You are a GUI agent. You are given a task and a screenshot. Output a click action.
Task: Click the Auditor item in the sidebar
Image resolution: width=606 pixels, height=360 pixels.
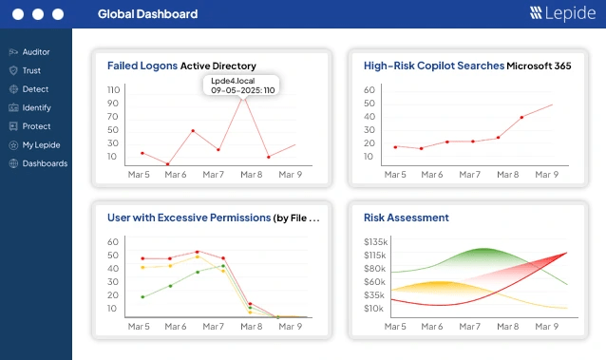point(29,52)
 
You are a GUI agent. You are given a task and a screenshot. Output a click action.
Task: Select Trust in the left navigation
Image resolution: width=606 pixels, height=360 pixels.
point(25,70)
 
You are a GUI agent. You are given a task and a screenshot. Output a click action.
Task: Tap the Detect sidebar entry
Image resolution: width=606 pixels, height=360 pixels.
point(29,89)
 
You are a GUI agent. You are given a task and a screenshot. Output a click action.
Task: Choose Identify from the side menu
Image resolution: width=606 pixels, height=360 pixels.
point(30,107)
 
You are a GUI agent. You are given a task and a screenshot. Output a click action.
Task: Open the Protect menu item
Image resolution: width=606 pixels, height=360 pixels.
point(29,126)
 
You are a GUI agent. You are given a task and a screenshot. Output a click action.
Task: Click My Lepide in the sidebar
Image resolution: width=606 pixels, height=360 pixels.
point(35,145)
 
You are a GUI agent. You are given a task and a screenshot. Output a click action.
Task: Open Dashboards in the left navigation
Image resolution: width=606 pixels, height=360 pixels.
point(38,163)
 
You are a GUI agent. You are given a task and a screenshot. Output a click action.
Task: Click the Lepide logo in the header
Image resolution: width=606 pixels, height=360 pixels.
point(562,13)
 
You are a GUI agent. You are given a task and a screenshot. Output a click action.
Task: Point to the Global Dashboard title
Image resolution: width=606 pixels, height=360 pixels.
point(147,14)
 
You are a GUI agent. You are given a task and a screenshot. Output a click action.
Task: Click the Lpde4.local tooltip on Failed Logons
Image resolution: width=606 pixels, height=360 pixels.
point(241,85)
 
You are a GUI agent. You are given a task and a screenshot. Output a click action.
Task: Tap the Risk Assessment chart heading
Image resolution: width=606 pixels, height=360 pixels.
point(407,218)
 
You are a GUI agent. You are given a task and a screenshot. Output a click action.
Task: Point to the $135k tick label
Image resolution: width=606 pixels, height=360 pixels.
point(375,241)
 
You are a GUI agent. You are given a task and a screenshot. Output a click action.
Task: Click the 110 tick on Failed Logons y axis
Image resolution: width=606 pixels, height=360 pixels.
point(114,89)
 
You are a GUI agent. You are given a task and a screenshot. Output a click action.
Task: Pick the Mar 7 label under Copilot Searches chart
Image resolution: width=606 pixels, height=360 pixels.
point(469,175)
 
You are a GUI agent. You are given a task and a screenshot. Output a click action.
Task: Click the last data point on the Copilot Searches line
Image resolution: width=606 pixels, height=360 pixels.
point(521,117)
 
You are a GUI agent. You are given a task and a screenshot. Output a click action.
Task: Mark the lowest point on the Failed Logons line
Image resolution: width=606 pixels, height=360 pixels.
point(168,164)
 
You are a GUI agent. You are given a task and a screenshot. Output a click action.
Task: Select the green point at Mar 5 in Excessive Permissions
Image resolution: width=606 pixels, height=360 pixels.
point(142,297)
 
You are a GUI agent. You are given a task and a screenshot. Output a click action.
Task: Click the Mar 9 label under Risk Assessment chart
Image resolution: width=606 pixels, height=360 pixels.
point(546,327)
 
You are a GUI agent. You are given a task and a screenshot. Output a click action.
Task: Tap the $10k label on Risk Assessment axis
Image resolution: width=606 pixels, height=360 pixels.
point(373,308)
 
